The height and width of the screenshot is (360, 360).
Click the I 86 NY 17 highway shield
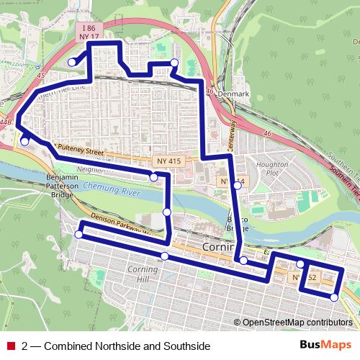(x=89, y=30)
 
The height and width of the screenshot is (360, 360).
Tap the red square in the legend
(x=10, y=346)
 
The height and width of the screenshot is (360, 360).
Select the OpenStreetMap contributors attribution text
(x=297, y=323)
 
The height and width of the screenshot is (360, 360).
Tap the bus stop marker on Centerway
(x=238, y=186)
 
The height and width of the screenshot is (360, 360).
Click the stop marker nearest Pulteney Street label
(x=24, y=141)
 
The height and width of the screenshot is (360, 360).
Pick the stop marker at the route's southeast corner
(x=334, y=297)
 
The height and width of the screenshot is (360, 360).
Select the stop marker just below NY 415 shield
(x=153, y=176)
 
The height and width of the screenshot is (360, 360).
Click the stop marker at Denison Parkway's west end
(x=79, y=234)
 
